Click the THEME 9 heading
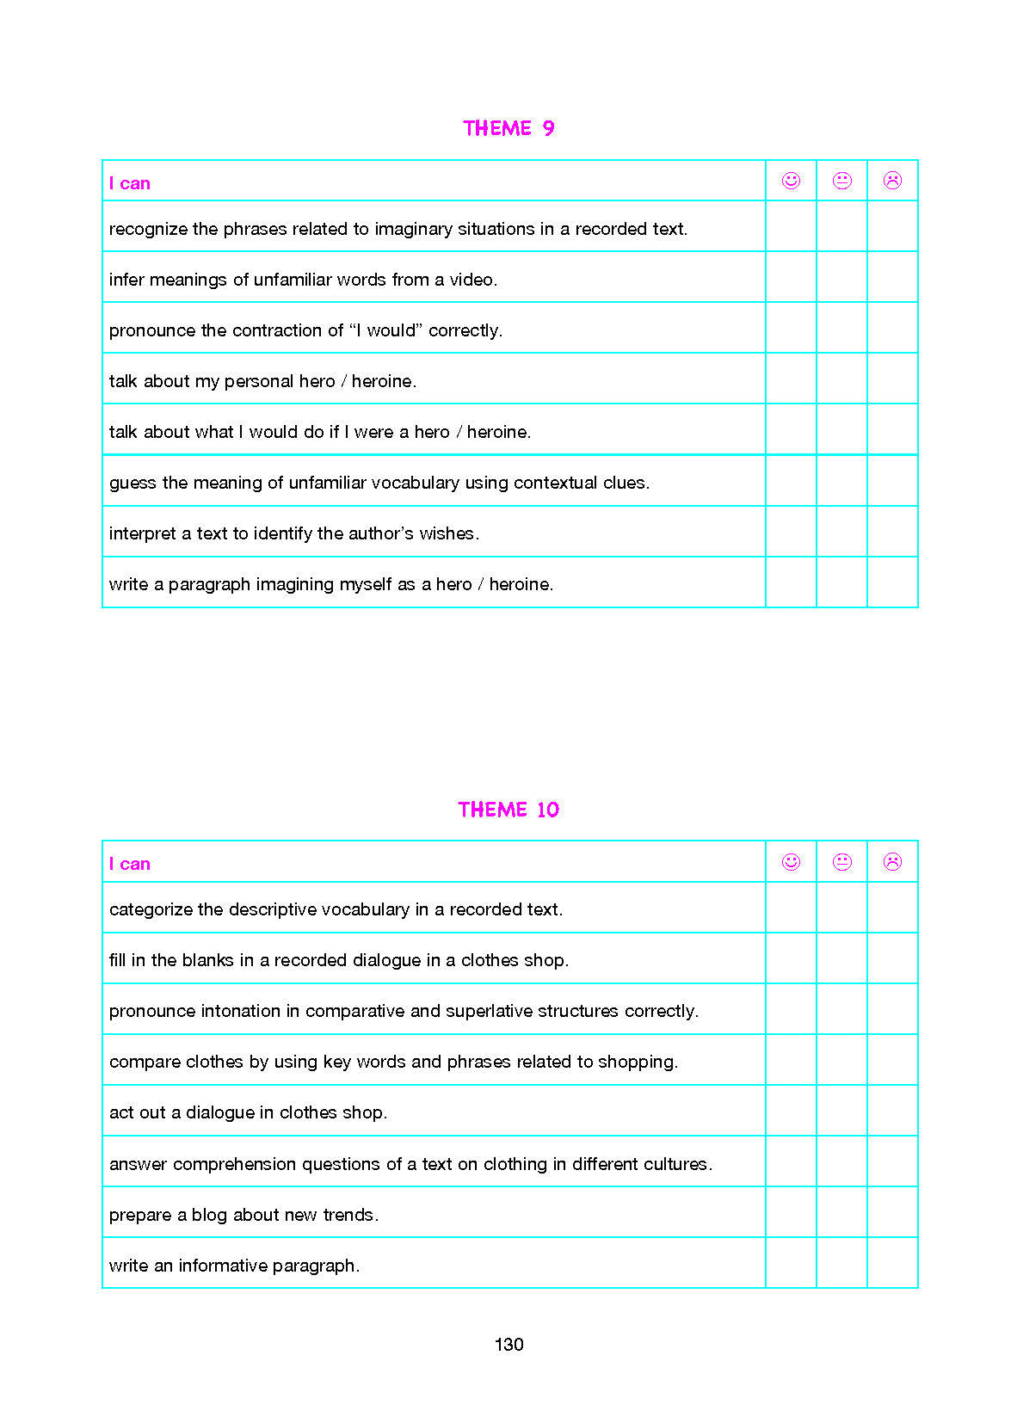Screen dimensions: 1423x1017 coord(508,128)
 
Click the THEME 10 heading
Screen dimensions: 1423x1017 coord(508,810)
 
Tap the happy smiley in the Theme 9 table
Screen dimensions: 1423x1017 coord(791,181)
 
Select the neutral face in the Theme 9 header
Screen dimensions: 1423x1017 coord(841,181)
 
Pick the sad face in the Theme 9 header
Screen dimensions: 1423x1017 coord(892,181)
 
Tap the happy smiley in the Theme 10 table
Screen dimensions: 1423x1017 coord(791,862)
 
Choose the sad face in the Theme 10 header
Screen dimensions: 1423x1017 coord(892,862)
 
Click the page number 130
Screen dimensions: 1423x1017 coord(508,1345)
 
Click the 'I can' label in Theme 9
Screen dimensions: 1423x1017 coord(129,183)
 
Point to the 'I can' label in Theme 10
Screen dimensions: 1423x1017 coord(129,864)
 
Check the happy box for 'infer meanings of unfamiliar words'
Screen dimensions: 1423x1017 coord(791,277)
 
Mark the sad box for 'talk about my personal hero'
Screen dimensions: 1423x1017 coord(892,379)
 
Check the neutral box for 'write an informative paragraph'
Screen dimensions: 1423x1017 coord(841,1263)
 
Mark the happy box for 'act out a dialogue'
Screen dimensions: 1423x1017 coord(791,1111)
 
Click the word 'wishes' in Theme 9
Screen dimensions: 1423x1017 coord(447,533)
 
